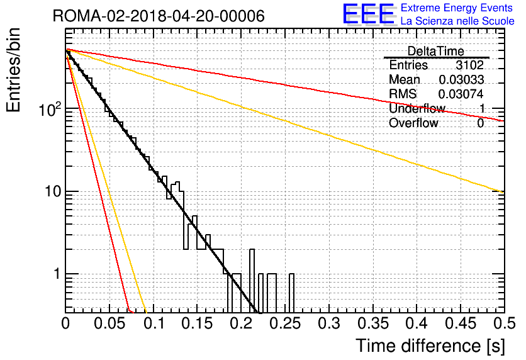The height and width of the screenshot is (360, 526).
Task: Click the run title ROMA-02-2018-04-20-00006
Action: coord(159,16)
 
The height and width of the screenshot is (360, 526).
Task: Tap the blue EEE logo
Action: coord(368,14)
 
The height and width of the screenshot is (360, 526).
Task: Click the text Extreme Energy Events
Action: coord(457,8)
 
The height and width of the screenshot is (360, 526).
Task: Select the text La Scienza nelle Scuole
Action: coord(457,21)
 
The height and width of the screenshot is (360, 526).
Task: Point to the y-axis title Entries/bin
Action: coord(13,70)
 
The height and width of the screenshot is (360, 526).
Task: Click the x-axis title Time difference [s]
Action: coord(430,346)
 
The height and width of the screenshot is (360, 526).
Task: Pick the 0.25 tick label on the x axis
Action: coord(285,323)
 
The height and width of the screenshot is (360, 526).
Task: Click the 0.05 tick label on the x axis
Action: coord(109,323)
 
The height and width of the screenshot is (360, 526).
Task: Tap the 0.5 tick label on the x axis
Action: coord(504,323)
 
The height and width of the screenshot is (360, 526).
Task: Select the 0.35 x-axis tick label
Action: coord(372,323)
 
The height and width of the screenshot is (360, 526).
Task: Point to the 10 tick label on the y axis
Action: coord(53,191)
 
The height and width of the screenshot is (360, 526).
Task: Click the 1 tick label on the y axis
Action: coord(57,274)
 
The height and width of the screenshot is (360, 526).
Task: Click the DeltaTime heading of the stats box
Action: coord(436,51)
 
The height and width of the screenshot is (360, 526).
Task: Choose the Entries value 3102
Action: coord(469,65)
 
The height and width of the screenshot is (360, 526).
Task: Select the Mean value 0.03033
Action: coord(461,79)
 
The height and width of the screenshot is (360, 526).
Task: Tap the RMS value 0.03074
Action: coord(461,94)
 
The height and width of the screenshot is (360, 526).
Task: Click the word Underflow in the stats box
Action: coord(417,108)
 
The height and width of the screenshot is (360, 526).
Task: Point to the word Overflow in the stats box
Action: coord(413,123)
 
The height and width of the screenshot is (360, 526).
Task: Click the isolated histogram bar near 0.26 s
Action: coord(291,293)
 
